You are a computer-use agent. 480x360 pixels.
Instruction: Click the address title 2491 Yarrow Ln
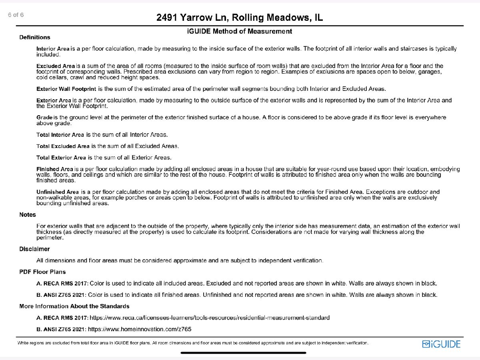[240, 18]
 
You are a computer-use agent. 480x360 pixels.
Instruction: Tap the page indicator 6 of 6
[16, 15]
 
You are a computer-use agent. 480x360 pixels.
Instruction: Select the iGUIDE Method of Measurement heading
[240, 31]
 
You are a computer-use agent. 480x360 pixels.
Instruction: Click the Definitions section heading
[35, 37]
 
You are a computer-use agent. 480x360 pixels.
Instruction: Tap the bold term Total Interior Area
[60, 134]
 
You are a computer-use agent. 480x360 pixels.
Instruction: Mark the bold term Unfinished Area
[58, 192]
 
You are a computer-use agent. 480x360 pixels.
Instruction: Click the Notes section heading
[28, 215]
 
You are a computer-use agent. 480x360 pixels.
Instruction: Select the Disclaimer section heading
[34, 249]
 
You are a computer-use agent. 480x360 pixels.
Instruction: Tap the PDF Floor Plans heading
[42, 272]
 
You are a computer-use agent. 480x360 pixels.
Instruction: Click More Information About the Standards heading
[74, 306]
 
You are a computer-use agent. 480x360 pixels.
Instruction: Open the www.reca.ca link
[210, 318]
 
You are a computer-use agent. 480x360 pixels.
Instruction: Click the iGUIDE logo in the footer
[441, 344]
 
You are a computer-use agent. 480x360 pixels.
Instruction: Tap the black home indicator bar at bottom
[243, 353]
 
